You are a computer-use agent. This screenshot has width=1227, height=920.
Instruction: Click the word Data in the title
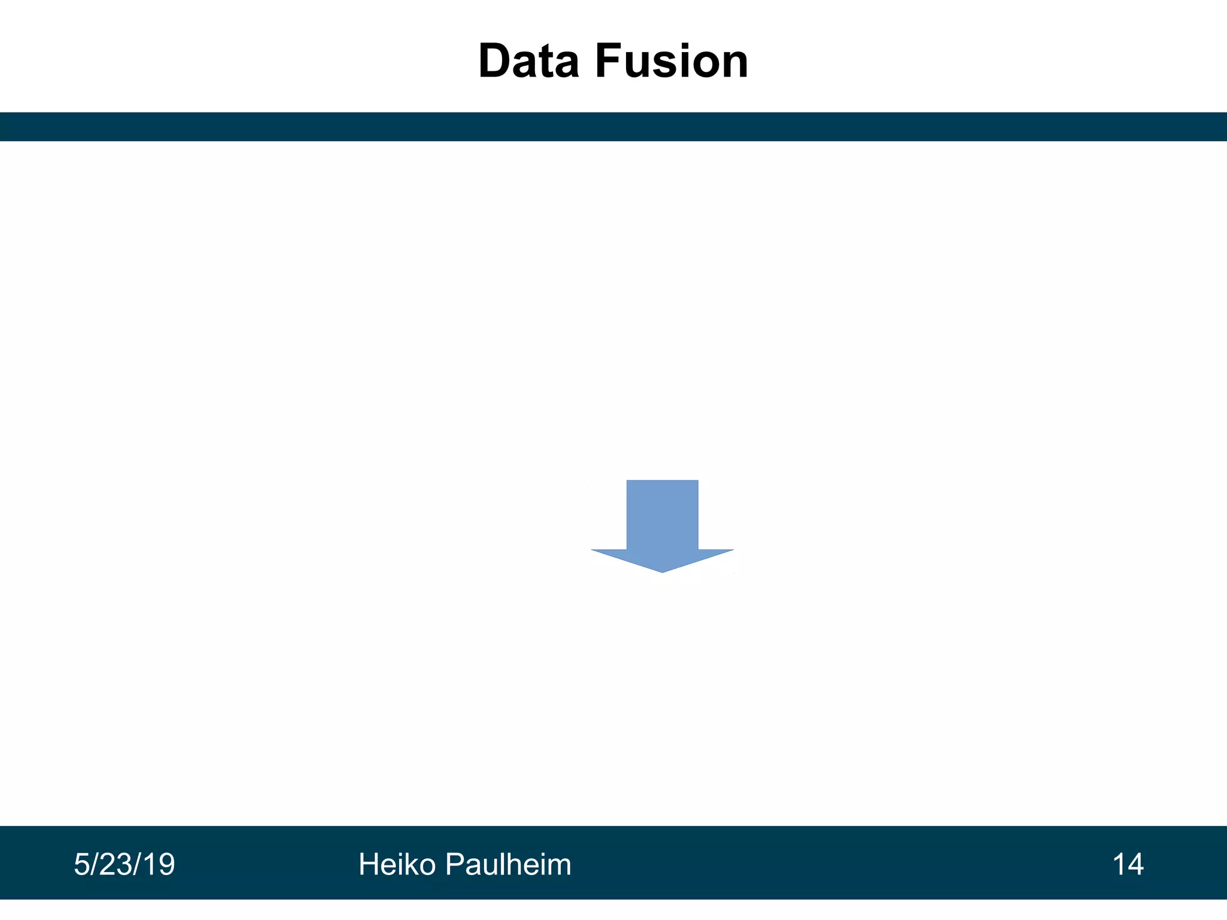pos(529,62)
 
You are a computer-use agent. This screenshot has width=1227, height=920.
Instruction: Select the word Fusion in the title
pos(672,62)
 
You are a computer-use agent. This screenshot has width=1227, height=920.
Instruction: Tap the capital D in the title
pos(496,62)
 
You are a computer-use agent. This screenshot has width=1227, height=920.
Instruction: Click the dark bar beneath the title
pos(613,126)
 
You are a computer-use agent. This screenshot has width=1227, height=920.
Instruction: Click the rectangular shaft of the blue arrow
pos(662,514)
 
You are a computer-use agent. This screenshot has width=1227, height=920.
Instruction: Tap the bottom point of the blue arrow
pos(662,571)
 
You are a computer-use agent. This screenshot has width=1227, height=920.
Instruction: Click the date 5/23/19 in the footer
pos(124,865)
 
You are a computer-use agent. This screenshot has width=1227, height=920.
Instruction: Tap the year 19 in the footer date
pos(159,865)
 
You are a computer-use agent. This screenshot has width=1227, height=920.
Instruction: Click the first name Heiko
pos(397,865)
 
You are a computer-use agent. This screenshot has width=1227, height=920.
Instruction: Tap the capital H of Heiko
pos(368,865)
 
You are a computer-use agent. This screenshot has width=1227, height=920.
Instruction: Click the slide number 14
pos(1128,865)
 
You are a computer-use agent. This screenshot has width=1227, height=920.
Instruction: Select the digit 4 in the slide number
pos(1135,865)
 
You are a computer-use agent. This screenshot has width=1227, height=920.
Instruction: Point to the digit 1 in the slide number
pos(1119,865)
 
